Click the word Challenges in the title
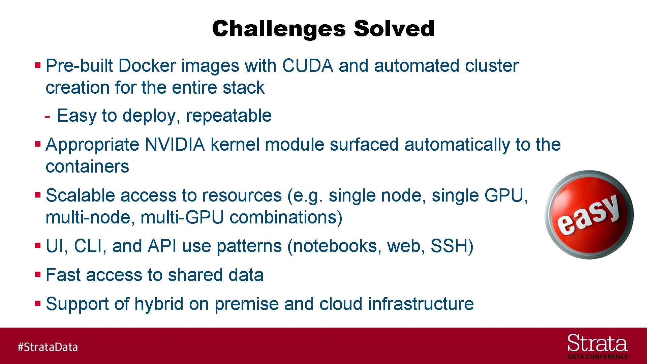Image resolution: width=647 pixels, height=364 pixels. tap(279, 29)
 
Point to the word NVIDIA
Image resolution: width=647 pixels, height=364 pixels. tap(175, 145)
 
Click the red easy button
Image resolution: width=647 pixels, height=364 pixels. tap(589, 215)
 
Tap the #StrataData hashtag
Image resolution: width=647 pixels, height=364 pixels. tap(48, 347)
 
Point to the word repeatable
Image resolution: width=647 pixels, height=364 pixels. tap(228, 116)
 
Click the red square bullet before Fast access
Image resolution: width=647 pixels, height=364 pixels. tap(38, 274)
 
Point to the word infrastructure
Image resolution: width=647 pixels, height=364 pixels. tap(421, 304)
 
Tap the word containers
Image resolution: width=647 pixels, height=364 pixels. tap(87, 166)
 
